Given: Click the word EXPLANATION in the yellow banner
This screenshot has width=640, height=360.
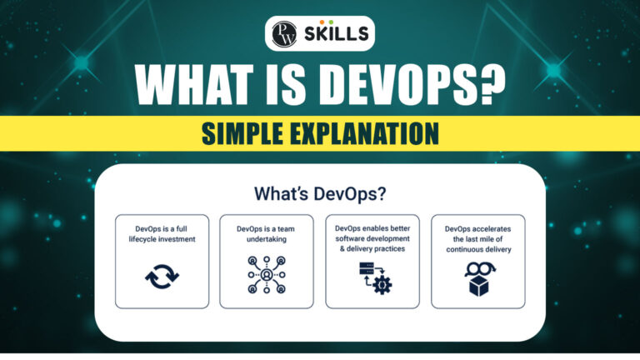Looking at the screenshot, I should [x=367, y=133].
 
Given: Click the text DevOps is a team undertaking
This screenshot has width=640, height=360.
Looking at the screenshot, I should [x=267, y=232].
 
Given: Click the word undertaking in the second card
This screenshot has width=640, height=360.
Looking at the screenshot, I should [x=267, y=238].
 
